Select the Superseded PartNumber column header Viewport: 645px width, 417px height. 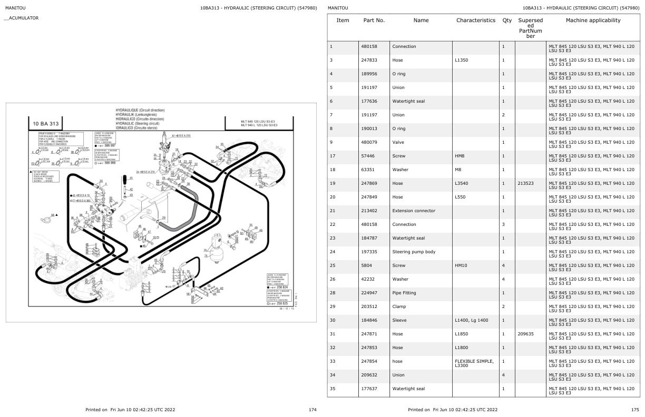[530, 28]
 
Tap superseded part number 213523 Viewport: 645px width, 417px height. [526, 183]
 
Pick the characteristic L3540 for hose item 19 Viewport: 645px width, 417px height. [462, 183]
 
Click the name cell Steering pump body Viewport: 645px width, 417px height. [414, 252]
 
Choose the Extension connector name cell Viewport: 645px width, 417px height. [414, 211]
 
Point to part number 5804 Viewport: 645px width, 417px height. [367, 265]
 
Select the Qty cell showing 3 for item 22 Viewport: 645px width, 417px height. [504, 224]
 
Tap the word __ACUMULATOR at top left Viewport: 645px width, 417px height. [22, 18]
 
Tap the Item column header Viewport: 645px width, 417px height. [343, 21]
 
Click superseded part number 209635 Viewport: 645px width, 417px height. [526, 334]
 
